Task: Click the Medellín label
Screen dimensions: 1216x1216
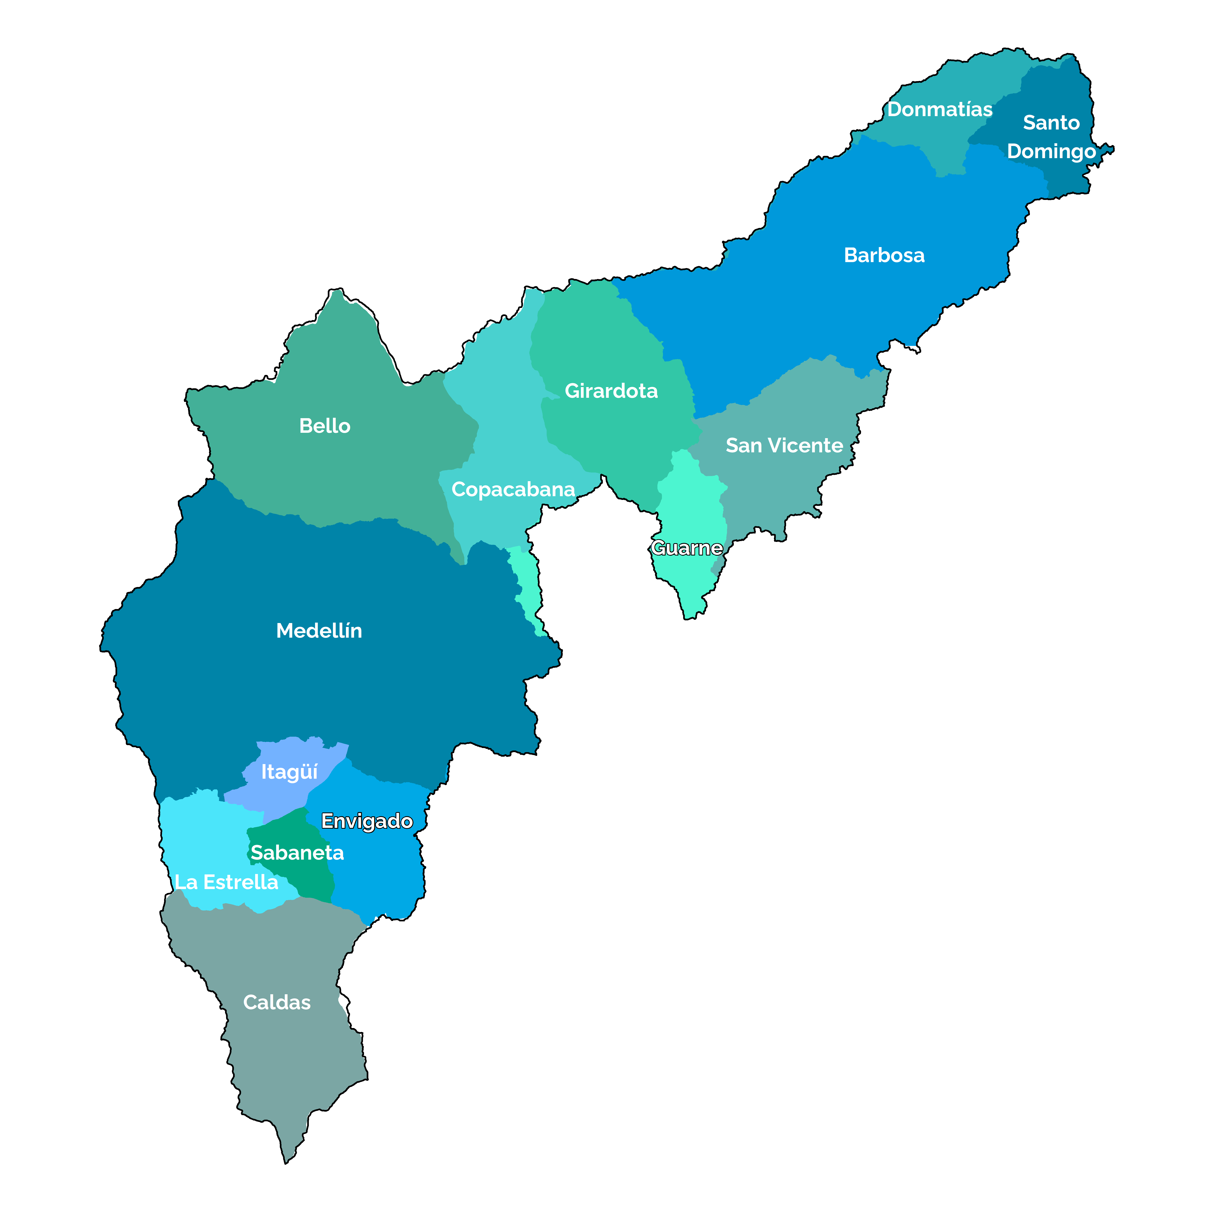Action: tap(319, 631)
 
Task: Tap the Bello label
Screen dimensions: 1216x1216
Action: tap(325, 426)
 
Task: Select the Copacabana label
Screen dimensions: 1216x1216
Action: tap(513, 490)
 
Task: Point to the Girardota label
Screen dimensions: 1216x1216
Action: tap(611, 391)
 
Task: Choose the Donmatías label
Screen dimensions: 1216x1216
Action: tap(940, 110)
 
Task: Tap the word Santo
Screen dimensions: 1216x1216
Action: tap(1051, 123)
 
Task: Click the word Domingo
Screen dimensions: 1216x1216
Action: tap(1051, 152)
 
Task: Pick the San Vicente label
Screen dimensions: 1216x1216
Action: tap(784, 446)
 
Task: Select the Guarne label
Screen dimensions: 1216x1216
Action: tap(687, 548)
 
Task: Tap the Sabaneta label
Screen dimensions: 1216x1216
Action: tap(297, 853)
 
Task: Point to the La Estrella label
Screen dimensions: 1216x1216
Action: tap(226, 882)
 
